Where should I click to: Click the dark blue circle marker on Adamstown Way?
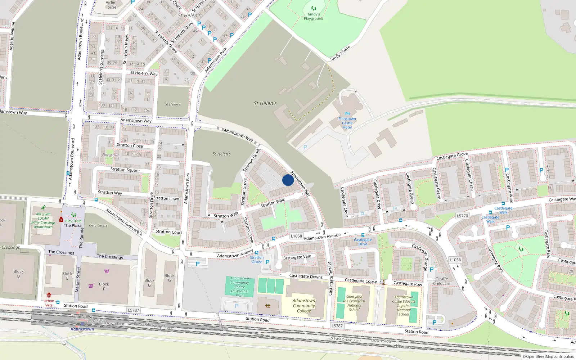coord(288,180)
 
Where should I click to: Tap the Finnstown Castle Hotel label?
coord(347,123)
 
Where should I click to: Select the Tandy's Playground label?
coord(313,17)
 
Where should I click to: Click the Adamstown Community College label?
coord(304,306)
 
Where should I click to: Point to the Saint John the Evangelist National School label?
coord(354,303)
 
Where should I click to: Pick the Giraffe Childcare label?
coord(442,281)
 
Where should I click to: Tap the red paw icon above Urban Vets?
coord(49,295)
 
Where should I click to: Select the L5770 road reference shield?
coord(462,216)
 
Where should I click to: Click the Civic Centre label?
coord(98,225)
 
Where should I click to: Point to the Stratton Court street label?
coord(169,232)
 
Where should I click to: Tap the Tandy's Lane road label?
coord(339,54)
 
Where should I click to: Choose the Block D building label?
coord(19,274)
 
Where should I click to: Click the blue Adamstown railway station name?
coord(82,329)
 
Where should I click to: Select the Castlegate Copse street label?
coord(361,281)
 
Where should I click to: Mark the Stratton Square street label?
coord(125,170)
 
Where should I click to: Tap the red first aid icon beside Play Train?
coord(61,220)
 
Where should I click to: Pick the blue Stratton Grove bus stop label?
coord(257,260)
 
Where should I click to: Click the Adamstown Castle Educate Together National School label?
coord(404,306)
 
